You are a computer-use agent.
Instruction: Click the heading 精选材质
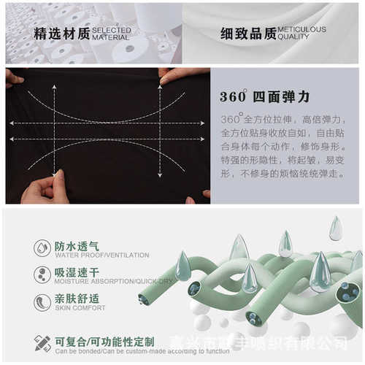[62, 34]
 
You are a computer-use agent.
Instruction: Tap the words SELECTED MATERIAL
[112, 34]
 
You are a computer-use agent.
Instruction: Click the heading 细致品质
[248, 34]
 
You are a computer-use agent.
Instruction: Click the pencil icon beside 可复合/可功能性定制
[42, 342]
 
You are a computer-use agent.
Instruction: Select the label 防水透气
[77, 245]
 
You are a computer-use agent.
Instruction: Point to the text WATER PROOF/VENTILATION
[101, 255]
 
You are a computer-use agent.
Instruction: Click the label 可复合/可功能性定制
[104, 340]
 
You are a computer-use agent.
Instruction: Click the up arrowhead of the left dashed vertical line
[54, 88]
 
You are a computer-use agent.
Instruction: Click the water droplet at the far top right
[335, 228]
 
